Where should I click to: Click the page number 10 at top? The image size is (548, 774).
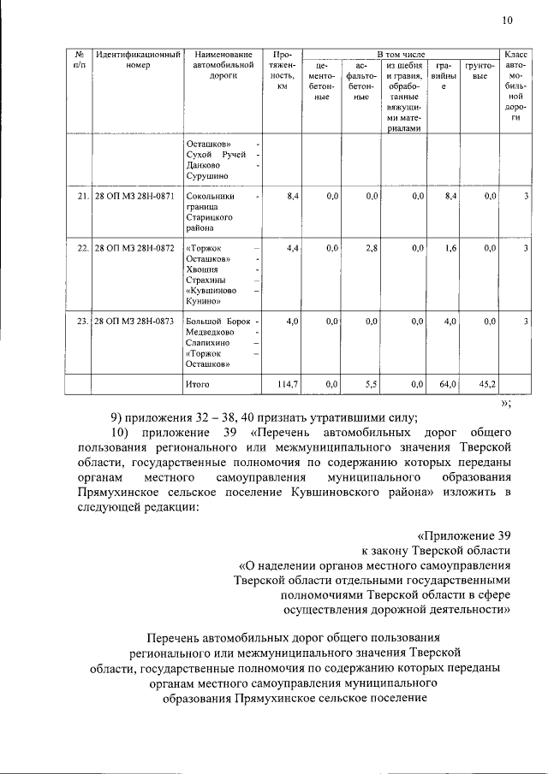(x=506, y=20)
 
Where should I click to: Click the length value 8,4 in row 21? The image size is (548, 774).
(x=292, y=197)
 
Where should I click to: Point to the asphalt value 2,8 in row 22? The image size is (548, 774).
(x=372, y=248)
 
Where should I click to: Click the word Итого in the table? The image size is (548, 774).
(x=199, y=386)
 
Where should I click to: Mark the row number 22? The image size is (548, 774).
(x=82, y=248)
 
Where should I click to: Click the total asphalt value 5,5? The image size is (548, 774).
(x=372, y=386)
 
